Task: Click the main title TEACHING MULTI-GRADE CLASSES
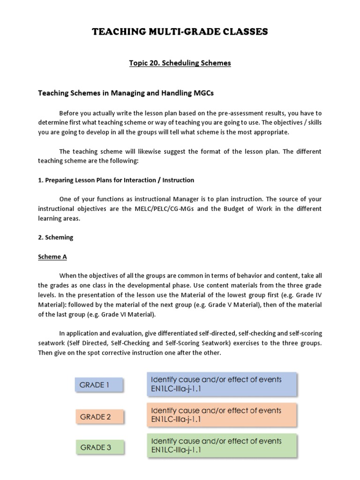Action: click(x=180, y=32)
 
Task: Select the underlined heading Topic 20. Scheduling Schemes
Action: click(x=180, y=63)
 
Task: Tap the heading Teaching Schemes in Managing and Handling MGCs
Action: click(x=126, y=93)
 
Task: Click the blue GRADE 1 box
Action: click(x=99, y=385)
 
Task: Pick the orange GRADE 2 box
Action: click(x=99, y=416)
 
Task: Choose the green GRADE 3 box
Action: click(x=99, y=447)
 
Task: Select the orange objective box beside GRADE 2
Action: click(x=221, y=415)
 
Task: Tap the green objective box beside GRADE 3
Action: click(x=221, y=445)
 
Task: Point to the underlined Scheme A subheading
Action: click(x=50, y=257)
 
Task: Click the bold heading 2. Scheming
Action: click(x=55, y=237)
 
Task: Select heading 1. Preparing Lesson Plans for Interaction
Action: click(x=116, y=180)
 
